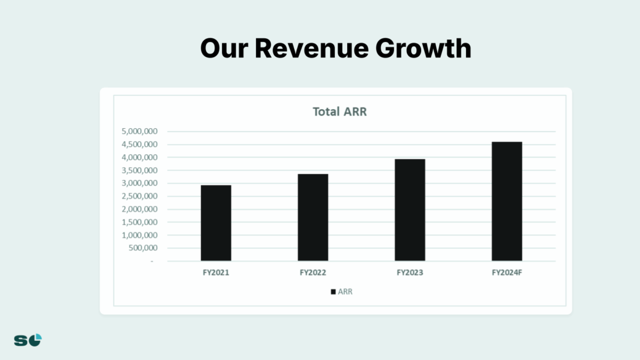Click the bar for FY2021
point(216,223)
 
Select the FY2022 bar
point(313,218)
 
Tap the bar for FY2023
point(410,210)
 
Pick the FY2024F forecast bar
point(507,202)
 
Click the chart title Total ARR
point(340,112)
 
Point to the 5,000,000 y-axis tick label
point(140,131)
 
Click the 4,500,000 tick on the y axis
point(140,144)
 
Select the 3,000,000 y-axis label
point(140,183)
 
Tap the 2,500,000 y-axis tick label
point(140,196)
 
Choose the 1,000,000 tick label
point(140,235)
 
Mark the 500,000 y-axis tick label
point(143,248)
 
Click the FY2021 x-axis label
point(216,272)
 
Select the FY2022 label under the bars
point(313,272)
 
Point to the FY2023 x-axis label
point(410,272)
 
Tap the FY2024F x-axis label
point(507,272)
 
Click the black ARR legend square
point(334,292)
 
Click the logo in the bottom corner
point(28,340)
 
